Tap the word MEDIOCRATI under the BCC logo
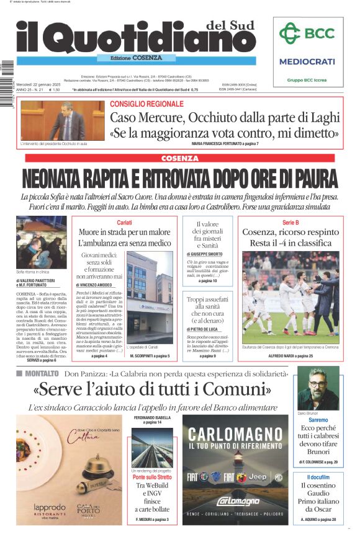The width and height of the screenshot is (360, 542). (307, 61)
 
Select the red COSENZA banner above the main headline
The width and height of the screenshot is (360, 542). (179, 159)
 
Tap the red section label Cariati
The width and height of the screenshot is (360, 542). (124, 223)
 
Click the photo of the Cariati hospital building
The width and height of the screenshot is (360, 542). (150, 301)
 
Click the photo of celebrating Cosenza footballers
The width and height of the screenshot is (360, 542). (290, 298)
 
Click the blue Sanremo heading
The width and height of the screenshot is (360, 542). (318, 420)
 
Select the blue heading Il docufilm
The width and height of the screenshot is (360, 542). (318, 476)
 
